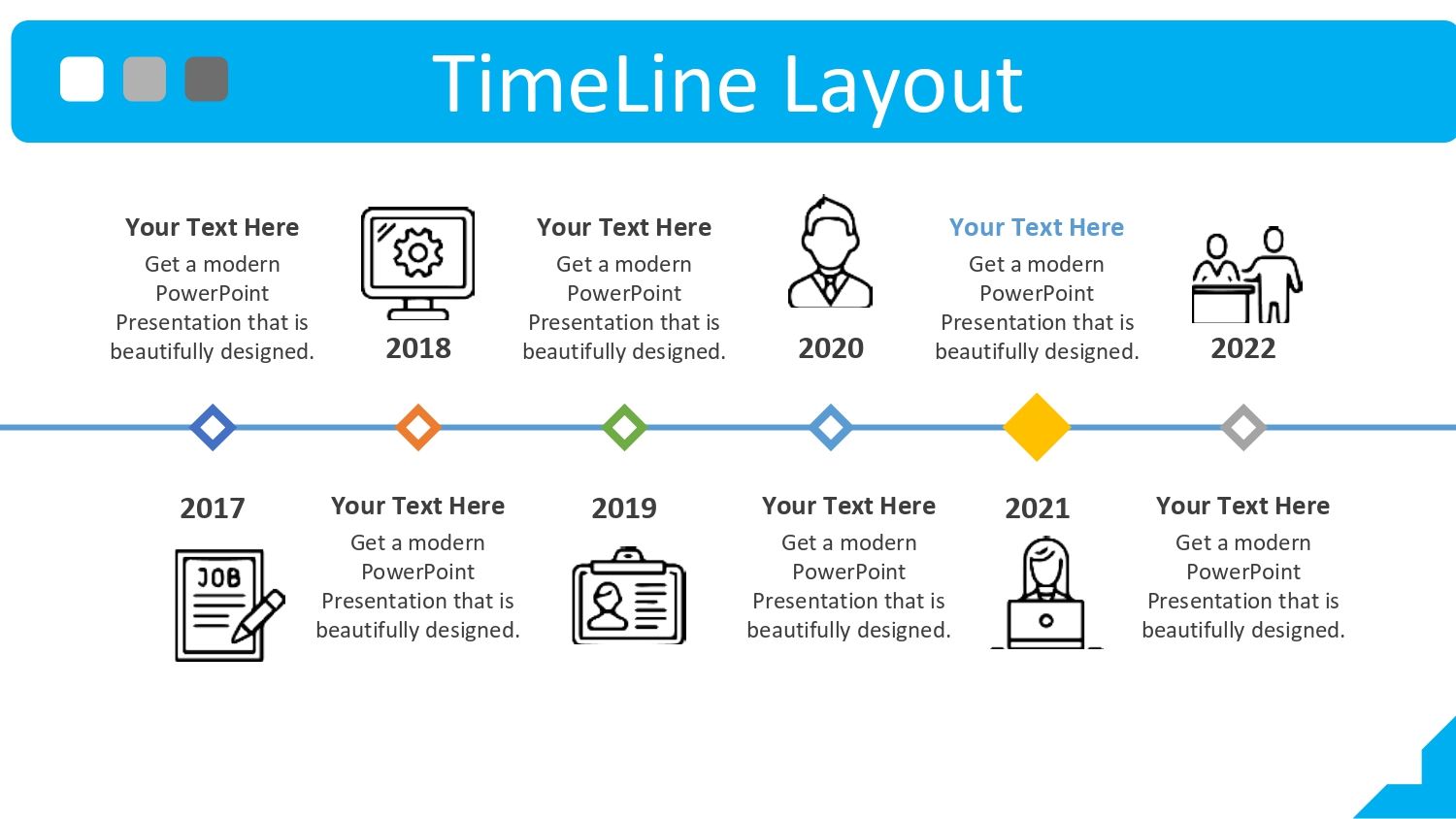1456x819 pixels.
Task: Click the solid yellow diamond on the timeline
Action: (x=1037, y=427)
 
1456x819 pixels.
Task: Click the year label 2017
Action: (x=213, y=508)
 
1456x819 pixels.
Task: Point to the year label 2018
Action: (x=418, y=348)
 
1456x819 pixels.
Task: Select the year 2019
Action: (x=624, y=508)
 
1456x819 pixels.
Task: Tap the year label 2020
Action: (x=831, y=348)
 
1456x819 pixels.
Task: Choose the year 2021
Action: (x=1037, y=508)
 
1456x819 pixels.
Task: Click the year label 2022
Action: (x=1242, y=348)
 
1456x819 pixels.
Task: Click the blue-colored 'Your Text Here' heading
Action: (x=1037, y=227)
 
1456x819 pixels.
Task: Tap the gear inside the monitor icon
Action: (x=418, y=252)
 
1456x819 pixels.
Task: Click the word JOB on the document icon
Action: (x=218, y=577)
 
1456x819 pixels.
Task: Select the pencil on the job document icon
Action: (x=258, y=617)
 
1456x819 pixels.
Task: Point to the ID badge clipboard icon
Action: (x=629, y=596)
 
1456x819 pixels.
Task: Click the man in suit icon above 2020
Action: (x=830, y=251)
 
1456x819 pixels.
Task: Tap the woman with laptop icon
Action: (x=1045, y=592)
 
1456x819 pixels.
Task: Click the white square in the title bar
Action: (x=82, y=79)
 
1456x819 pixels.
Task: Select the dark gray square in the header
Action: (x=206, y=79)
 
